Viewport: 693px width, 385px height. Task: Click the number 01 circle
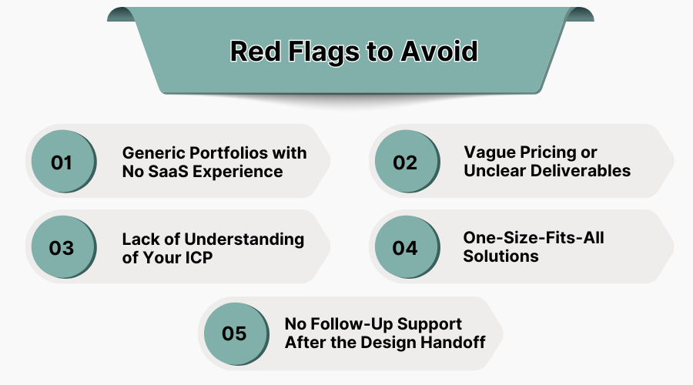62,162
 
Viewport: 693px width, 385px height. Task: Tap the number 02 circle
405,162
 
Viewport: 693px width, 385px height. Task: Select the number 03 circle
62,248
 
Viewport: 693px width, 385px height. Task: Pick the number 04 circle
405,248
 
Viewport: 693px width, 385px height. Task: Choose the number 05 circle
233,333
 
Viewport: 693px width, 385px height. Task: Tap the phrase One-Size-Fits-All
533,238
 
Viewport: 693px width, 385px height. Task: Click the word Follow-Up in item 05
349,323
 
